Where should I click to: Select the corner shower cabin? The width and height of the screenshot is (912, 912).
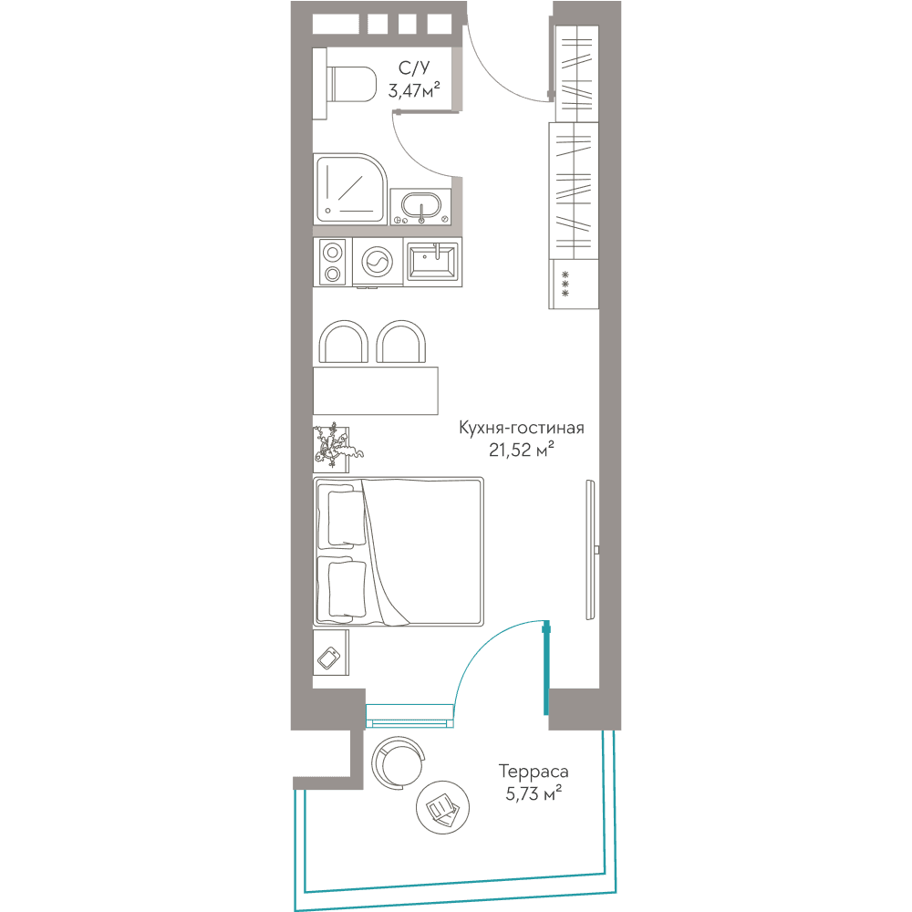[x=350, y=189]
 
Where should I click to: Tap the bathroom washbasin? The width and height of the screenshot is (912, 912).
[x=420, y=206]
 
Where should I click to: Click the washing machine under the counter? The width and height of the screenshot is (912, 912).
[x=378, y=263]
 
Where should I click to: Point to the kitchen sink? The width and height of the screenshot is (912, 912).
[x=432, y=262]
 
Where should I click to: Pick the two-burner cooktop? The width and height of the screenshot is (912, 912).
[x=332, y=263]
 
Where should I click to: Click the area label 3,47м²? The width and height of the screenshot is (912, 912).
[x=414, y=90]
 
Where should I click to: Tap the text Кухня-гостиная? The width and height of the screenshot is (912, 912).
[x=521, y=428]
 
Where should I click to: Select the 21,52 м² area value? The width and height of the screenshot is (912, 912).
[x=521, y=450]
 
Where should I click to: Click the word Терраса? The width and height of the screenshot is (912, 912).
[x=534, y=772]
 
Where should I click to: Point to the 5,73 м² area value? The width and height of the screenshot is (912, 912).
[x=534, y=793]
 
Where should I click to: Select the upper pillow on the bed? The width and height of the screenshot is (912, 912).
[x=342, y=517]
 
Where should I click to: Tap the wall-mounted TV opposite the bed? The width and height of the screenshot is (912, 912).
[x=592, y=550]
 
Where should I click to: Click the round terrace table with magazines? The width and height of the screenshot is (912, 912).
[x=442, y=807]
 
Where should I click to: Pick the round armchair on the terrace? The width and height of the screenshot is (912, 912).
[x=398, y=762]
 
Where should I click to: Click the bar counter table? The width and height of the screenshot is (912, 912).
[x=375, y=390]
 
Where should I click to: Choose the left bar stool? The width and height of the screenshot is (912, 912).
[x=343, y=341]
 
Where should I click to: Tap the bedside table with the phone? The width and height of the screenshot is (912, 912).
[x=331, y=653]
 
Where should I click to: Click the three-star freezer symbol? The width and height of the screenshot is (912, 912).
[x=565, y=284]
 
